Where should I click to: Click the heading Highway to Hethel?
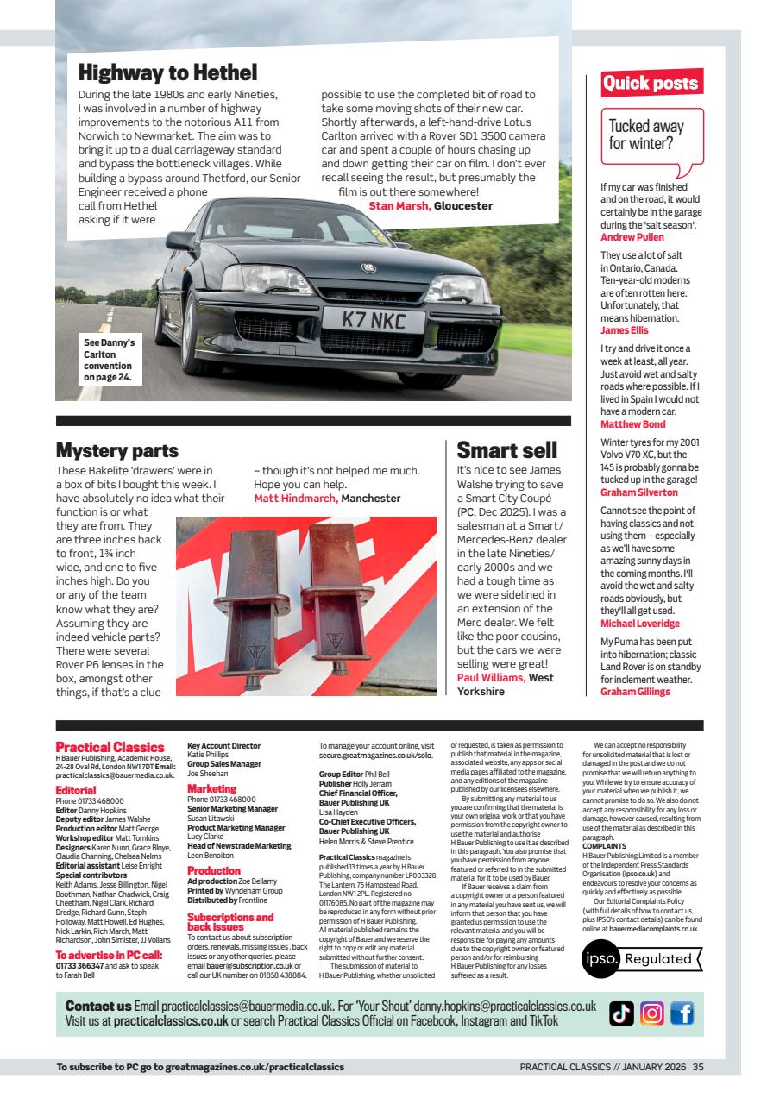pos(167,71)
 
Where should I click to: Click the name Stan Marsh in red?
pos(399,205)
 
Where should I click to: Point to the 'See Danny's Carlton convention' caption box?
pos(108,359)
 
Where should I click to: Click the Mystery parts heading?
pos(116,450)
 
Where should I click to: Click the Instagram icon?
pos(651,1014)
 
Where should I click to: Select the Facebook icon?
pos(682,1014)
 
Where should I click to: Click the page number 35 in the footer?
pos(698,1067)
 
